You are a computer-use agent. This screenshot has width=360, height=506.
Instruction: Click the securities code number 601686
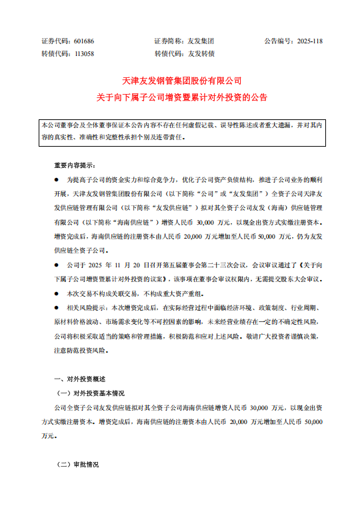[83, 41]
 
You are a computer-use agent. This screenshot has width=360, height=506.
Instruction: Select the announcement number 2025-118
[308, 41]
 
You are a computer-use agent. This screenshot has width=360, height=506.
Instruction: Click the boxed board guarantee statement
[182, 130]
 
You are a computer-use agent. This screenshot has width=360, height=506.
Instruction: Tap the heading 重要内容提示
[75, 164]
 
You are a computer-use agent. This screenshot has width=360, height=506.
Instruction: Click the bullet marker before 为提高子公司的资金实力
[56, 181]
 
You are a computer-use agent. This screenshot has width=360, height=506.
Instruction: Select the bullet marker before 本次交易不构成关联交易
[56, 293]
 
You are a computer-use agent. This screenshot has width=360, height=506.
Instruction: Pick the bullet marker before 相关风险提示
[56, 308]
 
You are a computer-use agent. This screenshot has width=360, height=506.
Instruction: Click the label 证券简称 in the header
[169, 41]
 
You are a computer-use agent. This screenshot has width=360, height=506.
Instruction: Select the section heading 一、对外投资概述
[73, 379]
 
